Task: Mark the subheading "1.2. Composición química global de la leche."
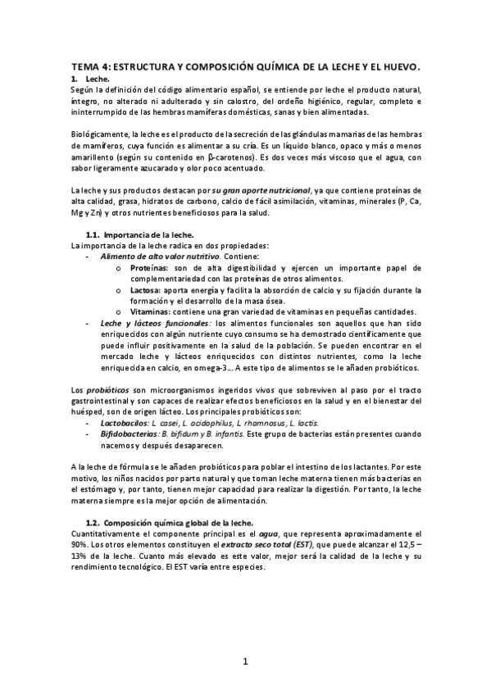click(168, 522)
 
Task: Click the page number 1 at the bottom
click(245, 660)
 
